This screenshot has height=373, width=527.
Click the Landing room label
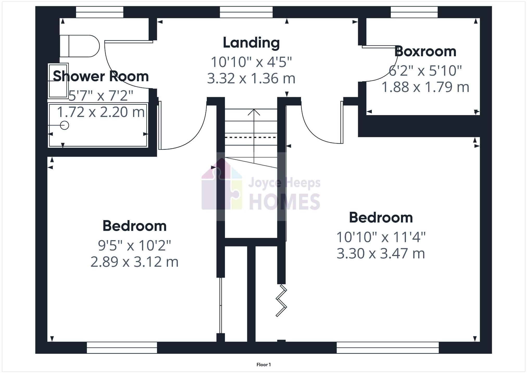click(251, 43)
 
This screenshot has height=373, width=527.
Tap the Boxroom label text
click(425, 52)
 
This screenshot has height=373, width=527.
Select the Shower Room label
click(101, 76)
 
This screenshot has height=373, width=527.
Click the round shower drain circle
click(65, 125)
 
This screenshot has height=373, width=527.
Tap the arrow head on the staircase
click(254, 112)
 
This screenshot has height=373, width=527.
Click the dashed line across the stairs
click(250, 137)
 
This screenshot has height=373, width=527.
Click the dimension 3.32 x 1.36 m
click(251, 78)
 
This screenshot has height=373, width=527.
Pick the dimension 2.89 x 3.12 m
click(134, 262)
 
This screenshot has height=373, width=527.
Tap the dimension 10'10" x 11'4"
click(381, 237)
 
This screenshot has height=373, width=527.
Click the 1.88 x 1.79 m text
click(425, 87)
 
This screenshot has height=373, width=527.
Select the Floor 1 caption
click(263, 365)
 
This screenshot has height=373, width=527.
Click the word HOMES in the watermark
click(285, 202)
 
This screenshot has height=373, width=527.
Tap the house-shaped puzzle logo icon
click(222, 185)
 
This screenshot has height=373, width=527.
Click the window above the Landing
click(246, 12)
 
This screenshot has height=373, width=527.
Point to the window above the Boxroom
click(414, 12)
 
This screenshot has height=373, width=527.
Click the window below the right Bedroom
click(387, 347)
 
